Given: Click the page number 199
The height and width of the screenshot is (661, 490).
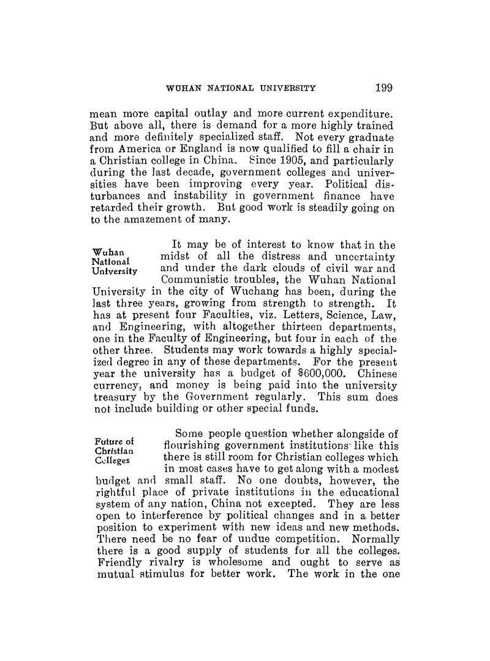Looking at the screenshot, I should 381,87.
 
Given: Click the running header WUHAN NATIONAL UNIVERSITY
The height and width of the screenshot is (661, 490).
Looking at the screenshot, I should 241,88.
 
